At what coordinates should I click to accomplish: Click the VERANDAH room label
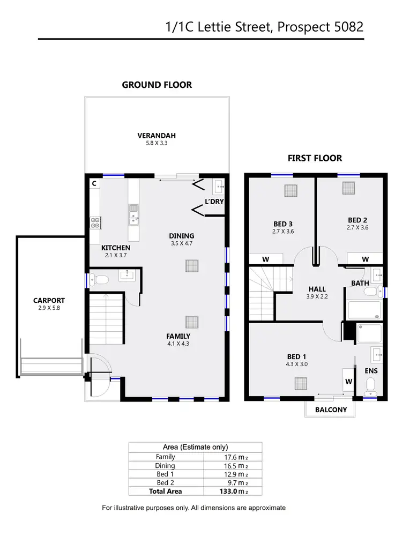pos(157,136)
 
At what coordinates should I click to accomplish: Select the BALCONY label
pos(331,410)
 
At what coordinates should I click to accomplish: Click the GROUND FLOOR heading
pos(157,85)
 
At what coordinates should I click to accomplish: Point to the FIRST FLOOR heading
pos(315,158)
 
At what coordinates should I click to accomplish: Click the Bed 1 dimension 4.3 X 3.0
pos(296,364)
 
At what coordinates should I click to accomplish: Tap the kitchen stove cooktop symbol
pos(95,222)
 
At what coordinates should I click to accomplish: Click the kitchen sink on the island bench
pos(133,217)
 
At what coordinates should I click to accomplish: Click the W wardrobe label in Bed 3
pos(265,259)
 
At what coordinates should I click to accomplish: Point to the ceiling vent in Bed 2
pos(349,188)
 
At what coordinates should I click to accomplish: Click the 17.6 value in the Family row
pos(232,457)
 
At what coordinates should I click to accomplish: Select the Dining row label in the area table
pos(165,466)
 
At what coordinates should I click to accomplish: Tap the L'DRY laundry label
pos(214,202)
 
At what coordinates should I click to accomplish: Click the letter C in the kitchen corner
pos(94,183)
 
